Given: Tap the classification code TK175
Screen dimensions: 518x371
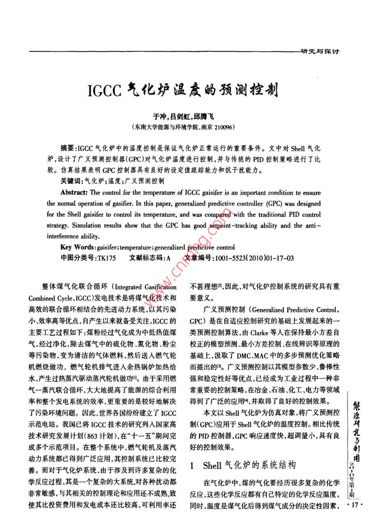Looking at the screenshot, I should point(106,258).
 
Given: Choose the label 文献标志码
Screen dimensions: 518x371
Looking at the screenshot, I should point(145,258).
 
